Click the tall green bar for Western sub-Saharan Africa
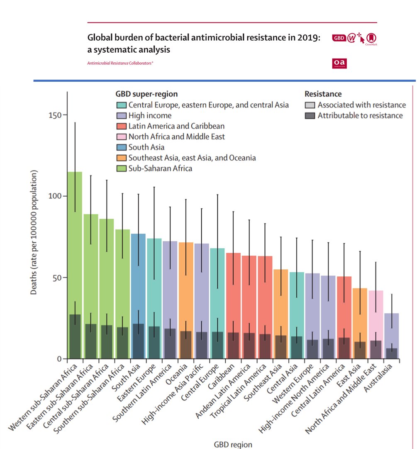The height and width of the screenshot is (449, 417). coord(75,249)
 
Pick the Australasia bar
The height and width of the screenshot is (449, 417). coord(392,332)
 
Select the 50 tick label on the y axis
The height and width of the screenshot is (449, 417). coord(53,277)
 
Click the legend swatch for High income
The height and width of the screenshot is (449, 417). coord(121,116)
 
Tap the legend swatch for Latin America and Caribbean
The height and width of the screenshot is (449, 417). coord(121,126)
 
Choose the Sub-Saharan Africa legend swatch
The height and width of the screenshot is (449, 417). coord(121,168)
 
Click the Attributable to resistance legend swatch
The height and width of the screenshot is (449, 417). coord(310,116)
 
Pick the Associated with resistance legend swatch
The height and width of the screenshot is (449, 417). coord(310,105)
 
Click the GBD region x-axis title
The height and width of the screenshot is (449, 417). coord(233,444)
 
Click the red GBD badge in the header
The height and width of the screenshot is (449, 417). coord(339,38)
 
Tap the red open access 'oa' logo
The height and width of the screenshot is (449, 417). coord(339,63)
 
